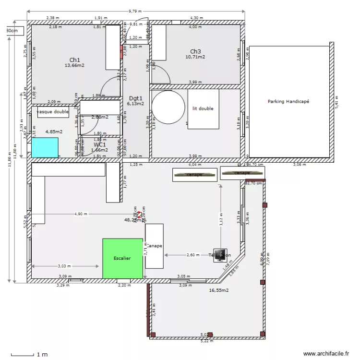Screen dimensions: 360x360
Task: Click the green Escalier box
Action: click(x=123, y=258)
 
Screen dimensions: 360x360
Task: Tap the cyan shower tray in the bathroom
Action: click(x=45, y=147)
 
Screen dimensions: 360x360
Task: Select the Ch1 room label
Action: click(x=74, y=60)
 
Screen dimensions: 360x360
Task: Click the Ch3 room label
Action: click(x=195, y=51)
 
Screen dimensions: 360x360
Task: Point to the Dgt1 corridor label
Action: click(x=135, y=97)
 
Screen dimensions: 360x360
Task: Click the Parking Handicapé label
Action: click(x=288, y=101)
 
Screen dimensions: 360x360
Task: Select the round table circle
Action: click(x=168, y=108)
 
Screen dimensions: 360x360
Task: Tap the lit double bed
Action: click(x=203, y=109)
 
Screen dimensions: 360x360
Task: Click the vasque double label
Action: click(x=53, y=112)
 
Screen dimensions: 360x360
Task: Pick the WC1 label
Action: click(x=100, y=144)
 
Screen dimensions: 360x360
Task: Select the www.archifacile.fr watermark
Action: click(x=326, y=353)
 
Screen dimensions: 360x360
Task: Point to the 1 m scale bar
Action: click(x=29, y=355)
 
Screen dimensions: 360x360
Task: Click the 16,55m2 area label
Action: click(x=218, y=290)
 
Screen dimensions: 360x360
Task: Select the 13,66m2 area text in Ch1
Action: click(x=74, y=66)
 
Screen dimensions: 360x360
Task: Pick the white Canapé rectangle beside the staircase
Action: click(x=154, y=246)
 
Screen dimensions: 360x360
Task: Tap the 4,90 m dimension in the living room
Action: click(x=81, y=214)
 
